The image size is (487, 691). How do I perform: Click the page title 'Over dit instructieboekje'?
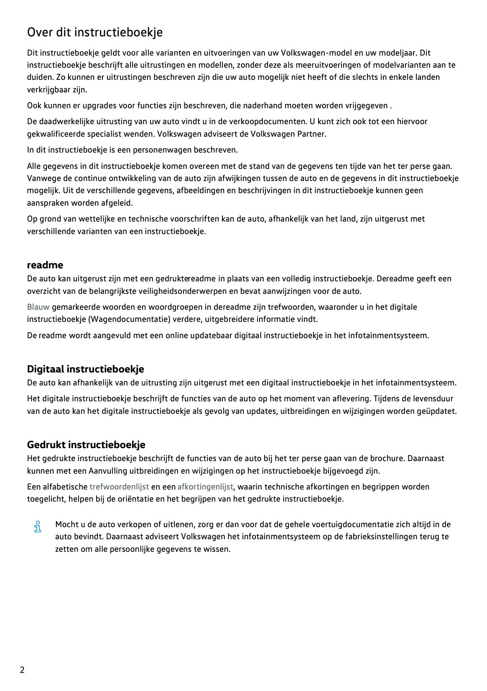pyautogui.click(x=95, y=32)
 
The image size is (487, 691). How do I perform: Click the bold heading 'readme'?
pyautogui.click(x=45, y=265)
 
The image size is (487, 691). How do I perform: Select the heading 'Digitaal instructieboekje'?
pyautogui.click(x=85, y=369)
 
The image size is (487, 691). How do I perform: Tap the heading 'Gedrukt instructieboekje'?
pyautogui.click(x=86, y=444)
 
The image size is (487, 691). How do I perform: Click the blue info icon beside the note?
pyautogui.click(x=38, y=526)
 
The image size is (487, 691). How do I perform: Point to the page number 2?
pyautogui.click(x=22, y=670)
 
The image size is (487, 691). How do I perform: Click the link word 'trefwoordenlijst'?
pyautogui.click(x=119, y=487)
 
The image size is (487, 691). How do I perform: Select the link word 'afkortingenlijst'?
pyautogui.click(x=205, y=487)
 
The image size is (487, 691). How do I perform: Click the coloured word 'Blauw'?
pyautogui.click(x=38, y=307)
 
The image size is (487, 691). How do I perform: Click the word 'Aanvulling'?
pyautogui.click(x=108, y=471)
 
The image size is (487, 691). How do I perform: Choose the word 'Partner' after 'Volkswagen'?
pyautogui.click(x=311, y=134)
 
